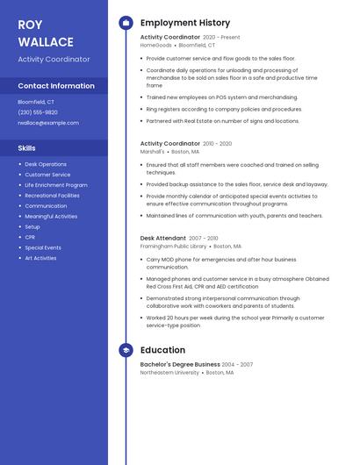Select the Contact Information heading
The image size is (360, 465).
pos(56,86)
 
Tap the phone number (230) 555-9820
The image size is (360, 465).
pos(38,112)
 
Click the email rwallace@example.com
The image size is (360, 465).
pos(48,123)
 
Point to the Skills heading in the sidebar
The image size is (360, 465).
pos(27,148)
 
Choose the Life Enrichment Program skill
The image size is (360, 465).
pos(56,185)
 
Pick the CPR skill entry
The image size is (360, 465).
pos(30,237)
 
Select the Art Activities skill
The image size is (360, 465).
pos(40,258)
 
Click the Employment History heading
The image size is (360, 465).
pos(185,23)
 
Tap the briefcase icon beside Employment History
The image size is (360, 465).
pos(126,23)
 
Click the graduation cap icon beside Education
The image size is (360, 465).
pos(126,350)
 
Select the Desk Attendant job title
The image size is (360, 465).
pos(163,238)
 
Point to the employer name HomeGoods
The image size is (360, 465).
pos(156,45)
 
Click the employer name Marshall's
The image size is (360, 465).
pos(153,151)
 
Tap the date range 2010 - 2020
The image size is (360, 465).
pos(218,143)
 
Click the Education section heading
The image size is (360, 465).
pos(162,350)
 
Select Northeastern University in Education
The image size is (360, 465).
pos(169,372)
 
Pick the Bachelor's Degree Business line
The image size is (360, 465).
pos(180,364)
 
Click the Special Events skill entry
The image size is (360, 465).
pos(43,247)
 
